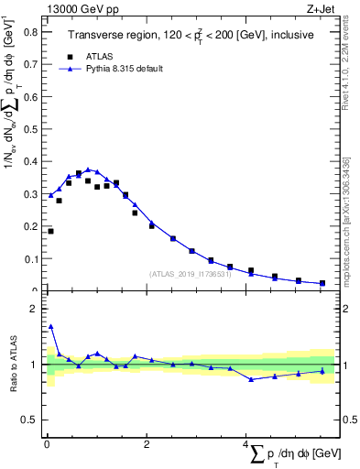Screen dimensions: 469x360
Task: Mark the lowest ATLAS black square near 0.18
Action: coord(50,231)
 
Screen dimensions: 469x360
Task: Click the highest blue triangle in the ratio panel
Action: coord(50,326)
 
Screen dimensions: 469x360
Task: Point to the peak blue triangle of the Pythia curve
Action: coord(88,170)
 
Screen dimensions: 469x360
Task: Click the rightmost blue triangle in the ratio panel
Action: coord(322,371)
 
